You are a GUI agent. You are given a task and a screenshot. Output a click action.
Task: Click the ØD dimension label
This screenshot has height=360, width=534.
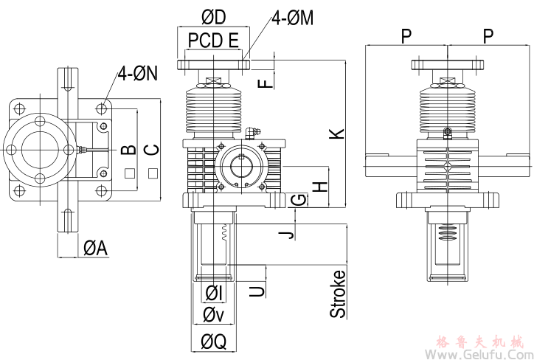click(214, 17)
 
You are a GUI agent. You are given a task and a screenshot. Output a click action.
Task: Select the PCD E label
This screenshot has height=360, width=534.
click(213, 40)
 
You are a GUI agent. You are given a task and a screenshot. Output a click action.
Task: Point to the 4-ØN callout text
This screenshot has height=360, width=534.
click(140, 73)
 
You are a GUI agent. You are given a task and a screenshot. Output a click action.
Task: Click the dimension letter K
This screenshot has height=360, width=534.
click(336, 133)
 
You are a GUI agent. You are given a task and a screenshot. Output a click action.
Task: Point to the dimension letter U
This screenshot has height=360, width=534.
click(257, 291)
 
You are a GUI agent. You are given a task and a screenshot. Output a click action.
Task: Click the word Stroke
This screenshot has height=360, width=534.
click(337, 294)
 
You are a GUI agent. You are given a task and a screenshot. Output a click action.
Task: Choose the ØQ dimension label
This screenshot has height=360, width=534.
click(213, 341)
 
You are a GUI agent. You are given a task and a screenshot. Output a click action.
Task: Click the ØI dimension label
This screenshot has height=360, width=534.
click(215, 292)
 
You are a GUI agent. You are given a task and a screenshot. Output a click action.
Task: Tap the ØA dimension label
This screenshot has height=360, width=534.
click(95, 249)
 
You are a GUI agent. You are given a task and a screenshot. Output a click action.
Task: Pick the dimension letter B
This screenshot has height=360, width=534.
click(128, 150)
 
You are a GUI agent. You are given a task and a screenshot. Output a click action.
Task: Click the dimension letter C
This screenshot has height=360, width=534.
click(151, 150)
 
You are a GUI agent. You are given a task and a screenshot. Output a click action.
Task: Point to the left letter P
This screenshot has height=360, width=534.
click(406, 35)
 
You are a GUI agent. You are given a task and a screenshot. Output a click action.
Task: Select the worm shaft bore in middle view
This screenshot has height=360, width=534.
click(241, 163)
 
